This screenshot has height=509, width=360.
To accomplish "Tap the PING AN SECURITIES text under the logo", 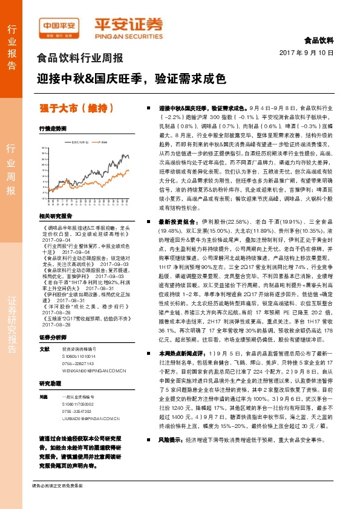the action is pyautogui.click(x=128, y=35).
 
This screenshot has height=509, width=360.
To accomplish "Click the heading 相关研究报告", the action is pyautogui.click(x=56, y=215).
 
